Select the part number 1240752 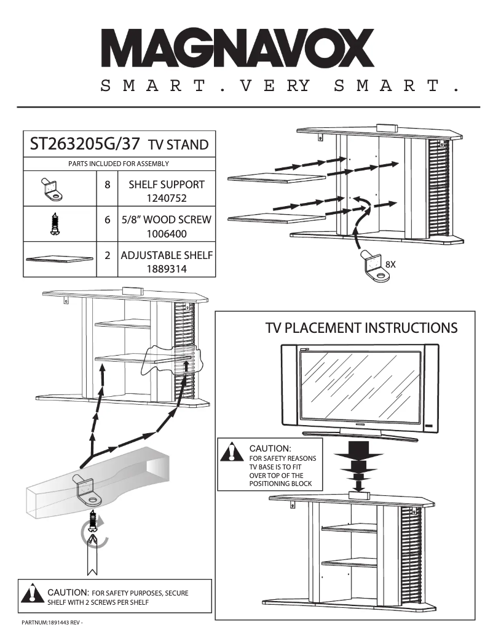click(x=166, y=198)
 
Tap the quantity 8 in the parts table click(x=107, y=185)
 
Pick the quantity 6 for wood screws click(x=107, y=220)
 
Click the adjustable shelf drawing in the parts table click(x=59, y=259)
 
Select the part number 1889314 click(x=166, y=269)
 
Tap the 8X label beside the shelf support click(x=390, y=264)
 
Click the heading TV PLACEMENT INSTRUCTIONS click(x=361, y=327)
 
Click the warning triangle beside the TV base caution click(x=232, y=452)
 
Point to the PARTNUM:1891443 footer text click(x=52, y=623)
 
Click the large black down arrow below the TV click(x=358, y=458)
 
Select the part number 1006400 click(x=166, y=234)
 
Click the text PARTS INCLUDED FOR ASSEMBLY click(x=119, y=164)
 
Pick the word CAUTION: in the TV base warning click(x=270, y=447)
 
